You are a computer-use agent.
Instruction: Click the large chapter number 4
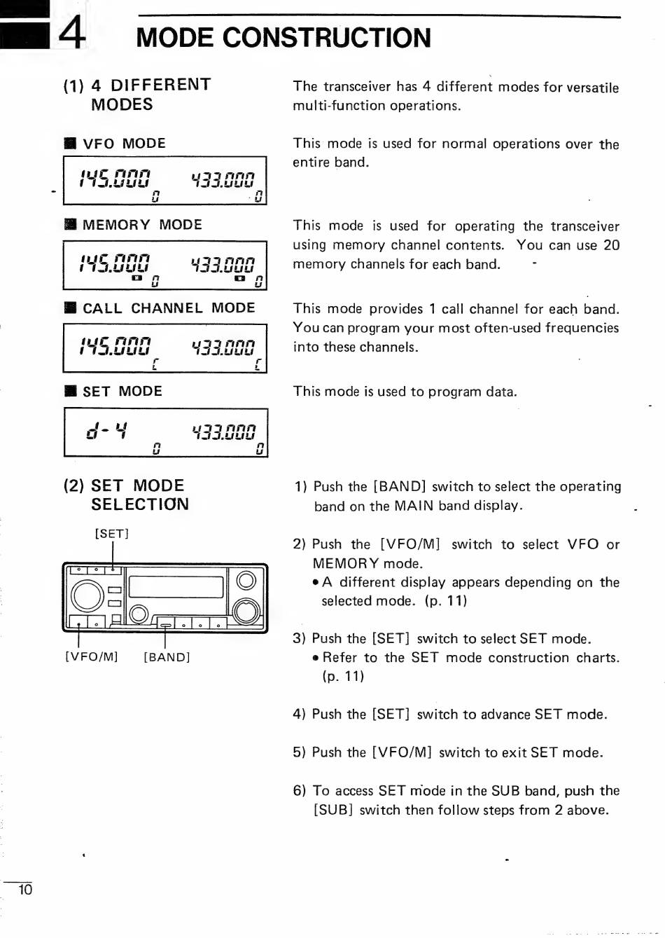coord(72,32)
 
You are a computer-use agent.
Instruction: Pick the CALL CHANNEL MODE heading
coord(169,308)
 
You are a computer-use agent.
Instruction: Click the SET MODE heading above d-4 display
coord(122,392)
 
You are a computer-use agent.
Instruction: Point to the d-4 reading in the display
coord(106,429)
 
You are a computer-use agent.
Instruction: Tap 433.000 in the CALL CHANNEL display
coord(223,347)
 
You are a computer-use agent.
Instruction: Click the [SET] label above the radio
coord(112,534)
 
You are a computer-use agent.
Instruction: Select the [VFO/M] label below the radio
coord(92,657)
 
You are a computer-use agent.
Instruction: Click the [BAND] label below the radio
coord(167,657)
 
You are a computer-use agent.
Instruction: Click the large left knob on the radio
coord(88,595)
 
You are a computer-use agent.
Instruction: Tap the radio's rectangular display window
coord(176,587)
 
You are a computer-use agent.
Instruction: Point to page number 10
coord(25,890)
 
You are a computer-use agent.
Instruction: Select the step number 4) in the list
coord(299,715)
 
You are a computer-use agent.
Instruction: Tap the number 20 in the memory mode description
coord(611,245)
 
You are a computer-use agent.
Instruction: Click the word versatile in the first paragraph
coord(592,88)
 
